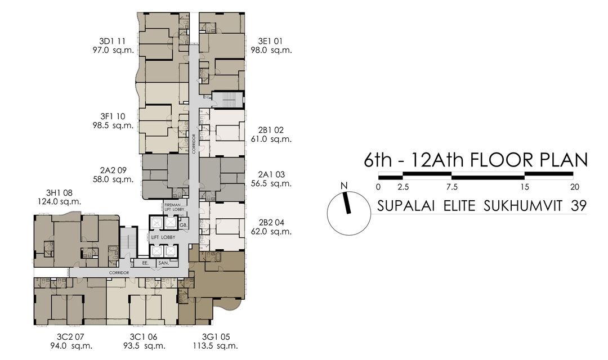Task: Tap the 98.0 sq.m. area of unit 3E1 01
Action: (271, 50)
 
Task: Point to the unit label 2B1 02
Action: (271, 130)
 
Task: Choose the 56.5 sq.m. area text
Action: (271, 183)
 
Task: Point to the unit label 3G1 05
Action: (214, 336)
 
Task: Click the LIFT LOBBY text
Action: (163, 237)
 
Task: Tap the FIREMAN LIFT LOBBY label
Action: (172, 207)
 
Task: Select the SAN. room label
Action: (164, 263)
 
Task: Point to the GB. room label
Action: (184, 225)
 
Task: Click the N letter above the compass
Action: (343, 187)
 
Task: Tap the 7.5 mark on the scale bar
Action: (451, 187)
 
